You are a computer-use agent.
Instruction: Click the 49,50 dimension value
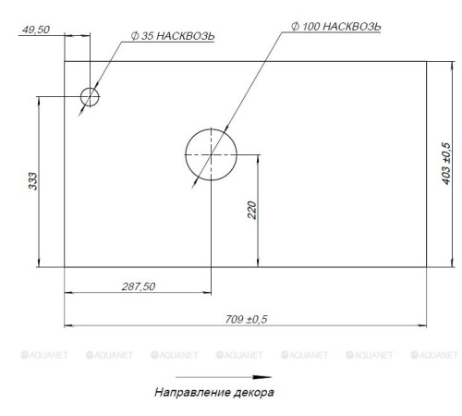pyautogui.click(x=36, y=30)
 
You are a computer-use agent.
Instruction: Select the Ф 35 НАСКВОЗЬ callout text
pyautogui.click(x=173, y=36)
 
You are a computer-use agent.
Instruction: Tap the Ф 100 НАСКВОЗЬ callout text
pyautogui.click(x=336, y=27)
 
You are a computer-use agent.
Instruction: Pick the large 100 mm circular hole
pyautogui.click(x=211, y=128)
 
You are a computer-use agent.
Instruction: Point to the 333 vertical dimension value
pyautogui.click(x=32, y=181)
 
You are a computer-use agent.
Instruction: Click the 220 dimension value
pyautogui.click(x=252, y=210)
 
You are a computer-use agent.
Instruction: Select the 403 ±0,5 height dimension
pyautogui.click(x=445, y=164)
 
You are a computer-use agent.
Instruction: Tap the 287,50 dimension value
pyautogui.click(x=139, y=287)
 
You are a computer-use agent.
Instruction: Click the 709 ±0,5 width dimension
pyautogui.click(x=246, y=319)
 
